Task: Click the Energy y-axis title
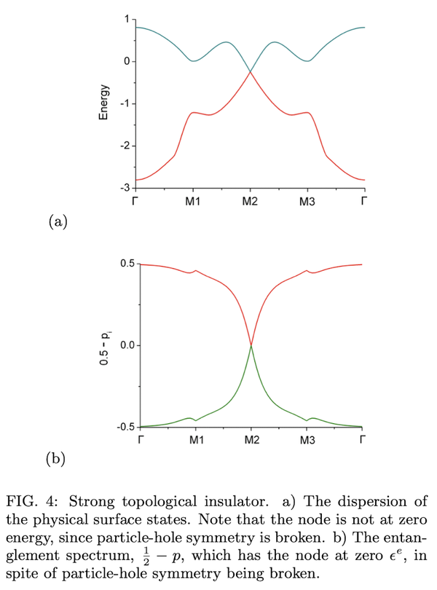(106, 103)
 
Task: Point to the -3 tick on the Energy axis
(126, 189)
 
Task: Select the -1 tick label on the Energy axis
(126, 103)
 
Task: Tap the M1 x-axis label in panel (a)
(192, 201)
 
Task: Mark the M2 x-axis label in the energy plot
(250, 201)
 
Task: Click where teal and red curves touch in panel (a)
(250, 71)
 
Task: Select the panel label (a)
(58, 222)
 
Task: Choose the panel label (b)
(58, 459)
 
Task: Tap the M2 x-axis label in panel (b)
(251, 440)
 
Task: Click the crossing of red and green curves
(251, 345)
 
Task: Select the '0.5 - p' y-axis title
(107, 345)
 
